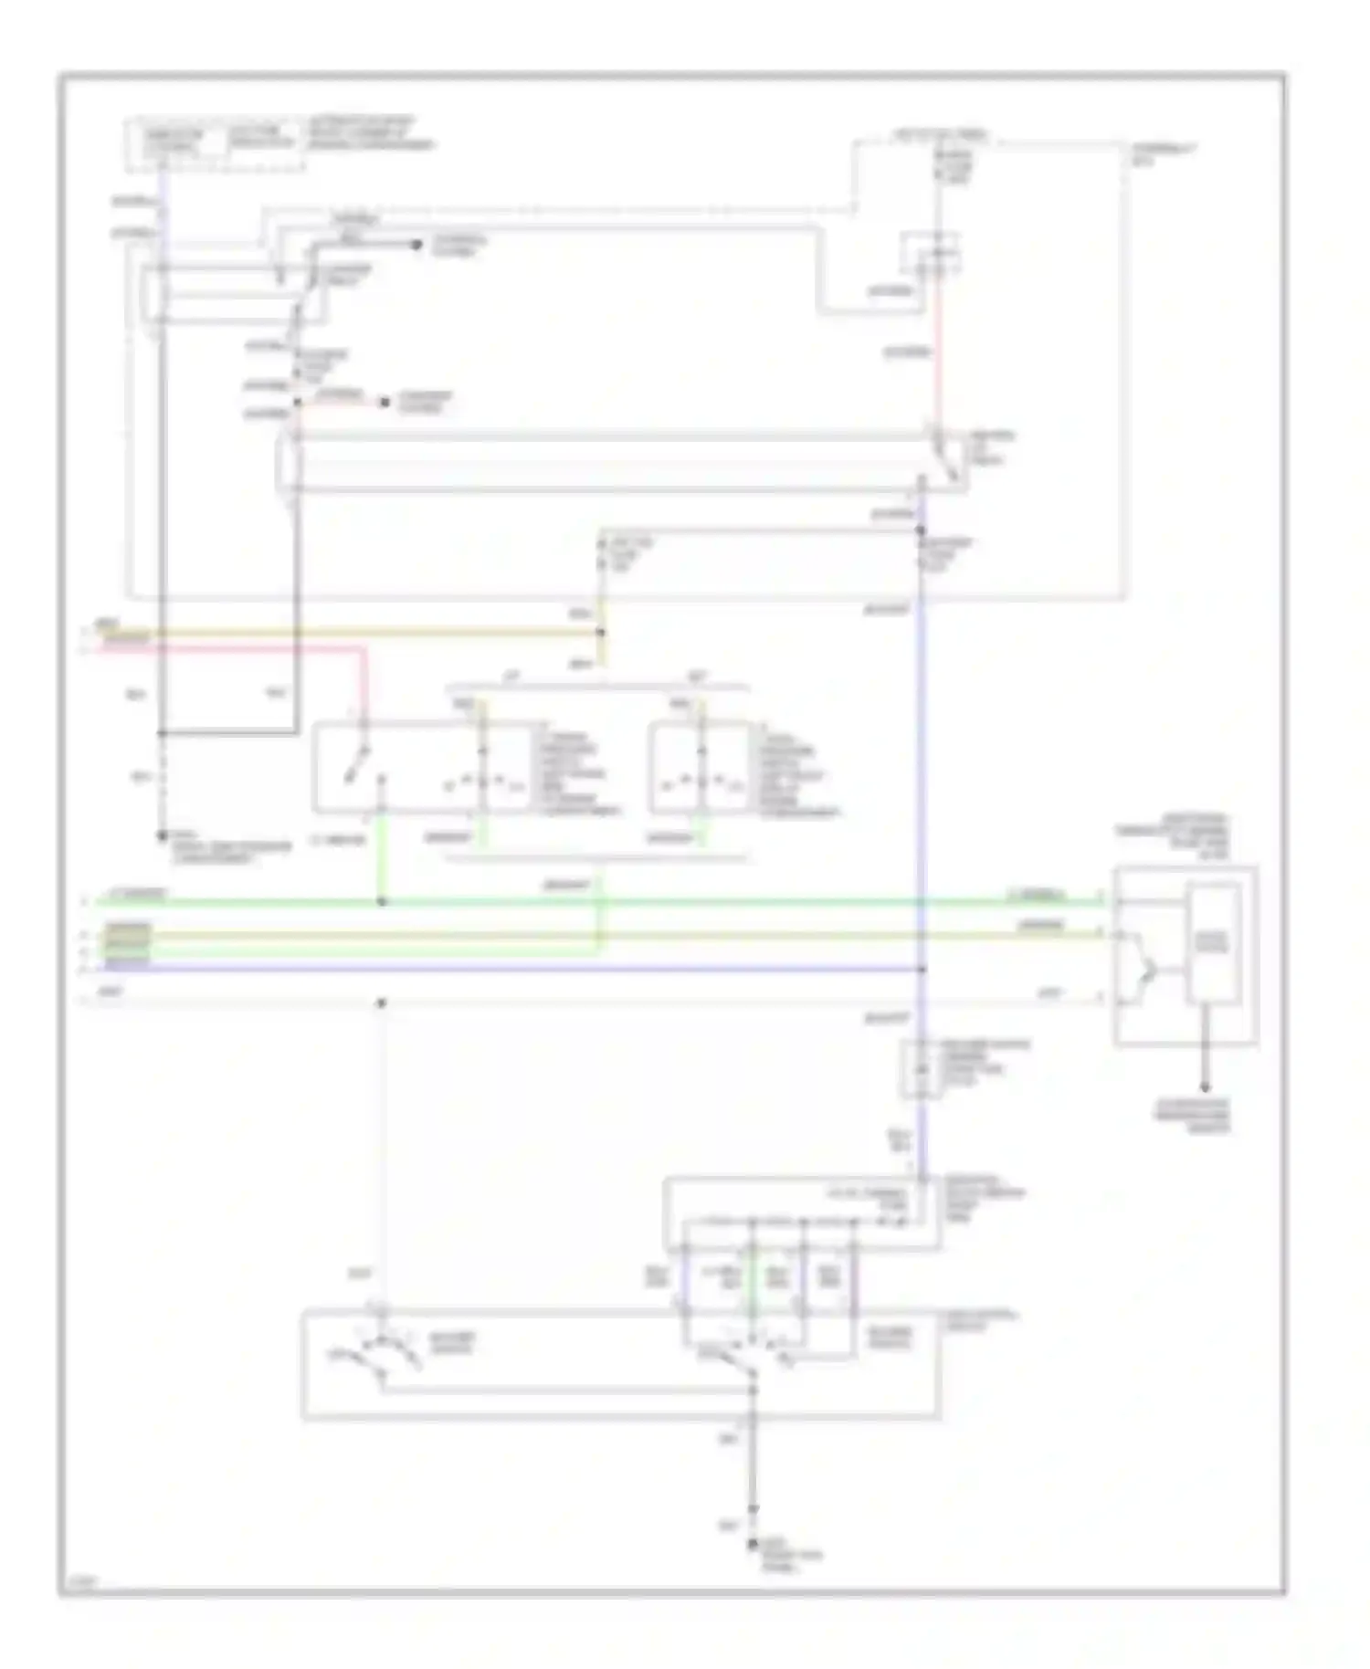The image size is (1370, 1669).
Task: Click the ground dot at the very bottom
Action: click(753, 1543)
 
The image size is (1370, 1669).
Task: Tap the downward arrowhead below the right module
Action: click(1205, 1086)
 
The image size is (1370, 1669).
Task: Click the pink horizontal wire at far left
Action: click(228, 648)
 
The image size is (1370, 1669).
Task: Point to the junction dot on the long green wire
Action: click(382, 902)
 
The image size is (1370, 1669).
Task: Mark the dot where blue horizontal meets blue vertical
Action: click(922, 969)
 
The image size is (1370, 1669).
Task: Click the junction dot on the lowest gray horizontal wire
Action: click(382, 1002)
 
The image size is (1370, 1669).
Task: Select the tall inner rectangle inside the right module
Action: click(1212, 943)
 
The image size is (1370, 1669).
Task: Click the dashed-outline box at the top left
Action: click(214, 143)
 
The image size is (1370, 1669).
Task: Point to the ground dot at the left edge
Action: click(162, 834)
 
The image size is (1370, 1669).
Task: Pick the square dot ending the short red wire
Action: click(385, 402)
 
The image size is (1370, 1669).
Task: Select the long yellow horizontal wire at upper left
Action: click(347, 632)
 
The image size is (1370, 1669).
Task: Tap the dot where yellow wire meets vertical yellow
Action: click(601, 632)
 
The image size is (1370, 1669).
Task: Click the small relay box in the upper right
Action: click(930, 254)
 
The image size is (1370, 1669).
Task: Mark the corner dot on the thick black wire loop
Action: click(162, 732)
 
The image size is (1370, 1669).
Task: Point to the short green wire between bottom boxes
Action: click(751, 1278)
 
